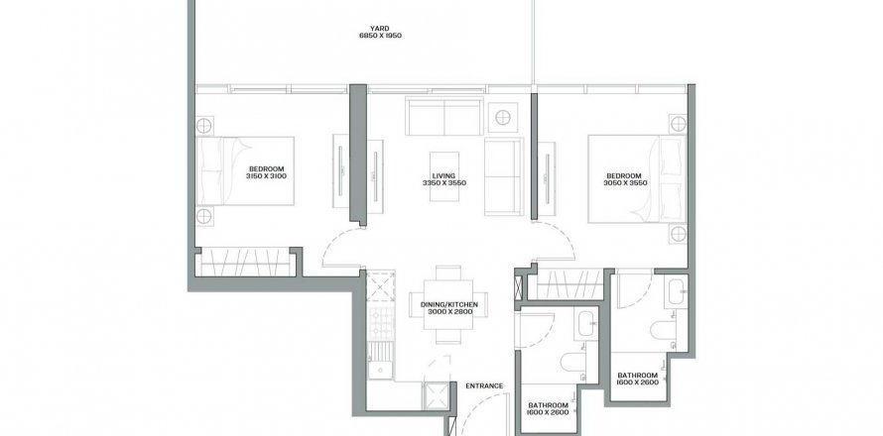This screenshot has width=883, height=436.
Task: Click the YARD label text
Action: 380,29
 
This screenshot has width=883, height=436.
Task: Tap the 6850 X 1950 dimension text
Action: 380,36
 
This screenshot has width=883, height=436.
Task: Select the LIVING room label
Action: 444,175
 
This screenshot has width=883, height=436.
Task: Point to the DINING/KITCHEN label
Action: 448,304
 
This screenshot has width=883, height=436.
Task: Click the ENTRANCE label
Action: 484,385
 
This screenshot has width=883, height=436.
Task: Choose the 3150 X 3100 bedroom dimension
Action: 266,176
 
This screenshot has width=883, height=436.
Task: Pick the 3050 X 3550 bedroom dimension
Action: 625,183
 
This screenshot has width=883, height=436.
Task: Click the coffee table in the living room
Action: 444,176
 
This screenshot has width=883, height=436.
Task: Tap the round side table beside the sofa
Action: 503,118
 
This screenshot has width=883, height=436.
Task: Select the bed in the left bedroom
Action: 245,171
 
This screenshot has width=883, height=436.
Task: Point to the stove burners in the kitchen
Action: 381,323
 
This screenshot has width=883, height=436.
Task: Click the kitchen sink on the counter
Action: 381,370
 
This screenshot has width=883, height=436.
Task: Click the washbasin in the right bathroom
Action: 675,291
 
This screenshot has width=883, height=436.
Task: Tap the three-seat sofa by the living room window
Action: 444,117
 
